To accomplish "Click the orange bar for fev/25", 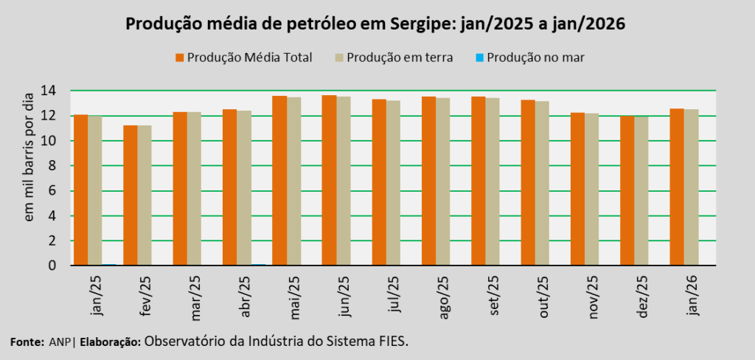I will pyautogui.click(x=130, y=195).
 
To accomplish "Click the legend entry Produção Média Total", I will pyautogui.click(x=243, y=57).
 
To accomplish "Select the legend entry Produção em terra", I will pyautogui.click(x=395, y=57).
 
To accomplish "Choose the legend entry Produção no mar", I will pyautogui.click(x=529, y=57).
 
